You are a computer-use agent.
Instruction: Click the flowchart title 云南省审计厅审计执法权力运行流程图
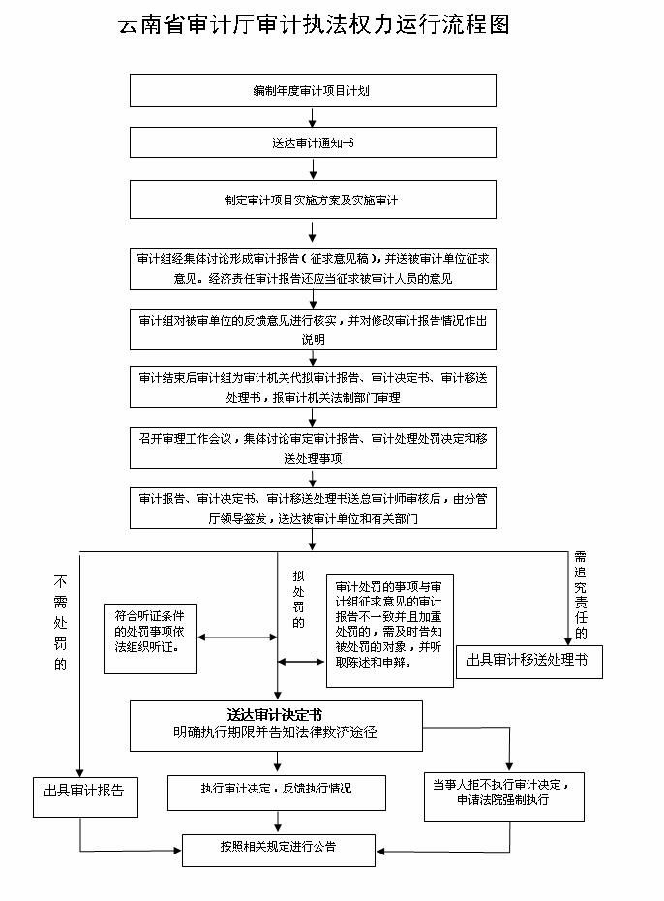coord(314,24)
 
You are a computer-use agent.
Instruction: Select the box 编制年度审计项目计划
coord(313,90)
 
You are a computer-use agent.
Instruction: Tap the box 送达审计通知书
coord(313,142)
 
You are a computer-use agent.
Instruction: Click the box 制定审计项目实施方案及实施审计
coord(313,200)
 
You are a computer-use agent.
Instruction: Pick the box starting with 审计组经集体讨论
coord(313,268)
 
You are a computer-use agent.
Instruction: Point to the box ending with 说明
coord(313,329)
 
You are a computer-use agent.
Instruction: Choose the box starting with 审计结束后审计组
coord(313,388)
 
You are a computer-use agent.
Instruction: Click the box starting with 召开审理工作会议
coord(313,448)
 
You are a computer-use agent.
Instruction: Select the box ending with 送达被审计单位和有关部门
coord(313,508)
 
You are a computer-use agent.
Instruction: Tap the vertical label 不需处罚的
coord(60,623)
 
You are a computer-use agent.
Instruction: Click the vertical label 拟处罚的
coord(298,599)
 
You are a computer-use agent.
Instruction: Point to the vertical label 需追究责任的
coord(581,595)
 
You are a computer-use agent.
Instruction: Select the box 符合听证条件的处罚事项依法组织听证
coord(150,638)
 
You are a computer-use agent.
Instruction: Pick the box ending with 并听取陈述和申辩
coord(390,631)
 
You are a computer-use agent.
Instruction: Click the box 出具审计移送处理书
coord(529,662)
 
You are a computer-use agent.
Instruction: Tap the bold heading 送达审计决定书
coord(275,715)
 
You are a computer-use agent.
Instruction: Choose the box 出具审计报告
coord(85,797)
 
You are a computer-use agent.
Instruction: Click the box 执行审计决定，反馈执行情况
coord(277,792)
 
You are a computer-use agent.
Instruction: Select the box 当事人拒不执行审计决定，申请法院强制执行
coord(504,796)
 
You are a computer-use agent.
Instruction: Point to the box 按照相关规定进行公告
coord(279,851)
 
